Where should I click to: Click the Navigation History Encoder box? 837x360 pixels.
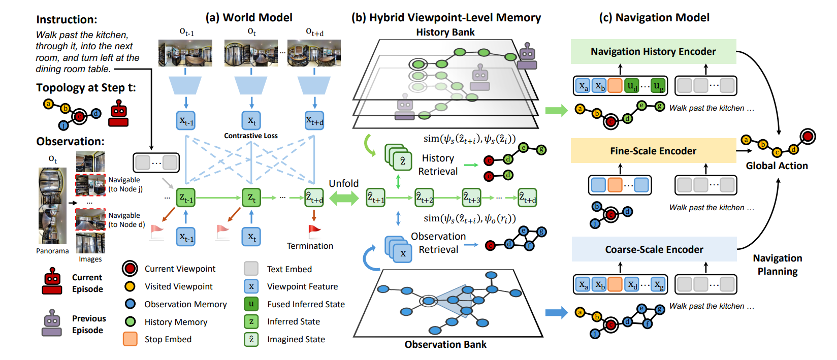pos(653,51)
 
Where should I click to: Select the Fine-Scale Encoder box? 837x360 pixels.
pos(653,151)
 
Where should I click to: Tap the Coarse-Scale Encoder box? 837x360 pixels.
pos(654,249)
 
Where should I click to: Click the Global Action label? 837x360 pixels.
pos(777,166)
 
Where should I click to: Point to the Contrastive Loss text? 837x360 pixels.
pos(251,136)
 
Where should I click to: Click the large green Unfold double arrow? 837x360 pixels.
pos(344,198)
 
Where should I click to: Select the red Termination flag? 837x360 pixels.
pos(315,232)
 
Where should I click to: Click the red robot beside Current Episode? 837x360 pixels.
pos(52,281)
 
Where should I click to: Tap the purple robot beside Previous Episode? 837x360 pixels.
pos(52,323)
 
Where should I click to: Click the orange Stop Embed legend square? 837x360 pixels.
pos(130,339)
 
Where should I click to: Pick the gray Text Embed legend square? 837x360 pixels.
pos(251,269)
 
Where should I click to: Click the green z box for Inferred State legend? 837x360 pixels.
pos(251,321)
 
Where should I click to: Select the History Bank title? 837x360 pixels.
pos(445,32)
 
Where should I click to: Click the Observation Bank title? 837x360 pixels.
pos(445,344)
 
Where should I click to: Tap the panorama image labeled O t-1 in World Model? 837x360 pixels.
pos(185,53)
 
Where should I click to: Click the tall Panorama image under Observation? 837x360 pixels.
pos(52,206)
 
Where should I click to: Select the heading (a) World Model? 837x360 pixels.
pos(249,17)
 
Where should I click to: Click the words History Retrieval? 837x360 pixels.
pos(438,165)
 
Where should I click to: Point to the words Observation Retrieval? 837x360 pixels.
pos(438,243)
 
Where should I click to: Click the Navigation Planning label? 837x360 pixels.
pos(777,265)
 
